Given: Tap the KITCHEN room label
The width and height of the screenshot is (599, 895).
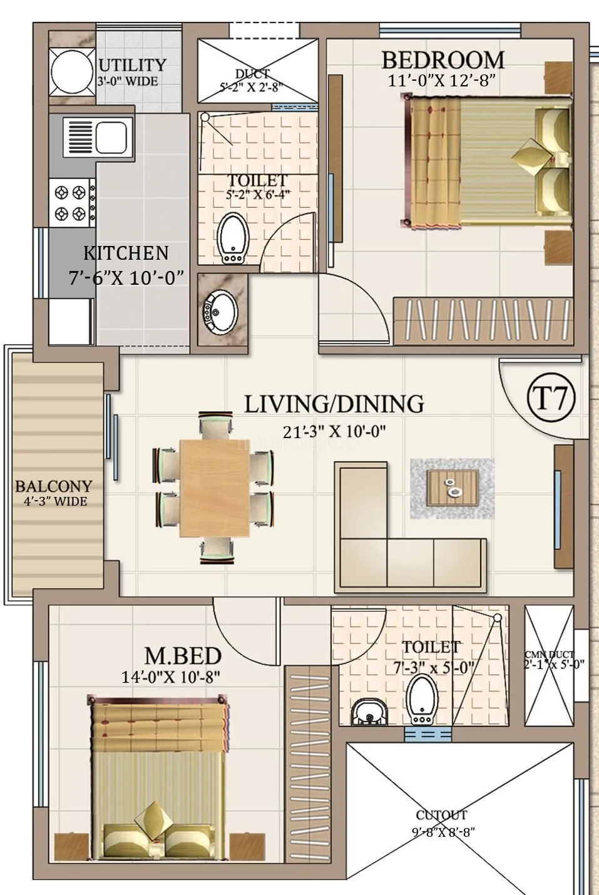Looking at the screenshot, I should point(126,253).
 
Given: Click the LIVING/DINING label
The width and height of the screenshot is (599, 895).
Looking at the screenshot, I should point(333,404).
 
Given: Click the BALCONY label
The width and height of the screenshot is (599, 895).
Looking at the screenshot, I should point(53,486).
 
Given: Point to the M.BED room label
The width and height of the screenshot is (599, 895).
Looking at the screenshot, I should point(183,656).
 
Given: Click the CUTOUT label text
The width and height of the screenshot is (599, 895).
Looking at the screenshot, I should point(441,816).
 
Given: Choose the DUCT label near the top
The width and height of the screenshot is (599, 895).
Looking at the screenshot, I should point(253,74).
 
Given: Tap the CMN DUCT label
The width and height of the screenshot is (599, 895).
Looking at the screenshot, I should point(549,655).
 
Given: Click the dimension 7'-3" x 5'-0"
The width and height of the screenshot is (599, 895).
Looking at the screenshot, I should point(434,668).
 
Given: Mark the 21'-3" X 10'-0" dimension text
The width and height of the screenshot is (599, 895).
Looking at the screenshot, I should point(334,432).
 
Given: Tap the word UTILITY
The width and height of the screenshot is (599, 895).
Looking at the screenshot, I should point(132,65).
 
